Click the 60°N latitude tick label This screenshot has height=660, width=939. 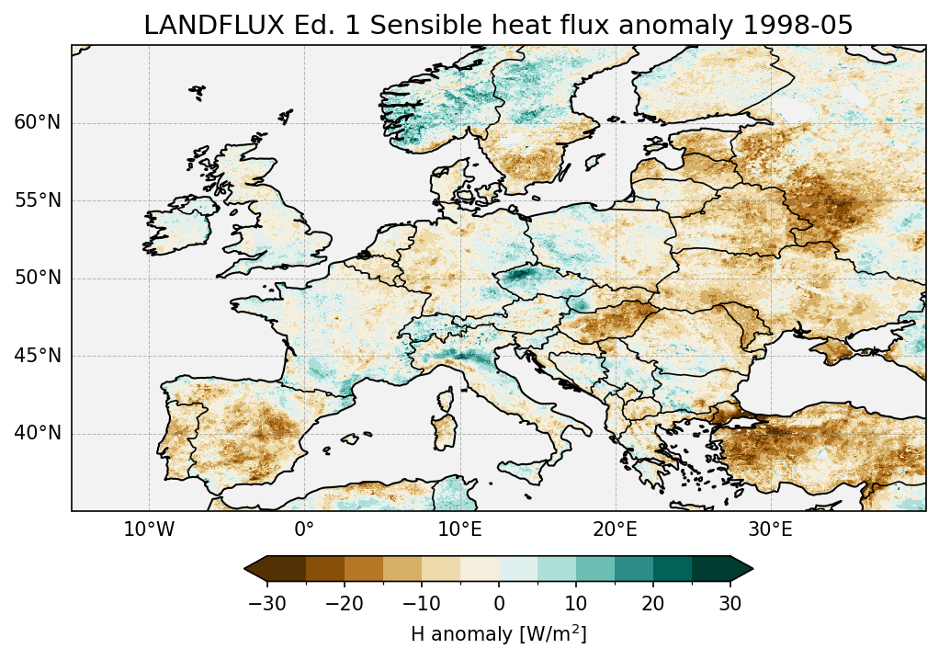(37, 123)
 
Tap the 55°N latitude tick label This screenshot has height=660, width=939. (37, 200)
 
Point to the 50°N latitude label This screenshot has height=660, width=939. (37, 279)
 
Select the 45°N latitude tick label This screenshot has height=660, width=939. (37, 356)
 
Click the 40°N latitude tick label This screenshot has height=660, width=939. (37, 433)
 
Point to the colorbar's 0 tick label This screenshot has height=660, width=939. (499, 603)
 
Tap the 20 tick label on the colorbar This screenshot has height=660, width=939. (653, 603)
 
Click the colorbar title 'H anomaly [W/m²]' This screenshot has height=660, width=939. (498, 633)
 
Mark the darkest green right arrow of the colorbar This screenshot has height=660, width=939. (741, 569)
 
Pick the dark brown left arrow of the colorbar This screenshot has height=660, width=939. (255, 569)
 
